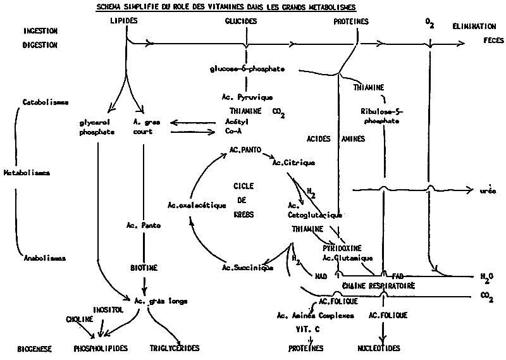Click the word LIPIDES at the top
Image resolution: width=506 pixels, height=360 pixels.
(x=123, y=20)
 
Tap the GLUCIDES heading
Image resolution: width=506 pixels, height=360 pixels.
(x=240, y=21)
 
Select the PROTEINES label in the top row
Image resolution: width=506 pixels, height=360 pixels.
(x=351, y=21)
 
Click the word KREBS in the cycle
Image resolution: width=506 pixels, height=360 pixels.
(x=244, y=214)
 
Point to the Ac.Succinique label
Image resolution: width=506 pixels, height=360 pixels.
(x=247, y=268)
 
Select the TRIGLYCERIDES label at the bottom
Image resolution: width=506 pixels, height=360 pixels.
(x=175, y=348)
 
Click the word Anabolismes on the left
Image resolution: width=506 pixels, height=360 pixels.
(x=45, y=258)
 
